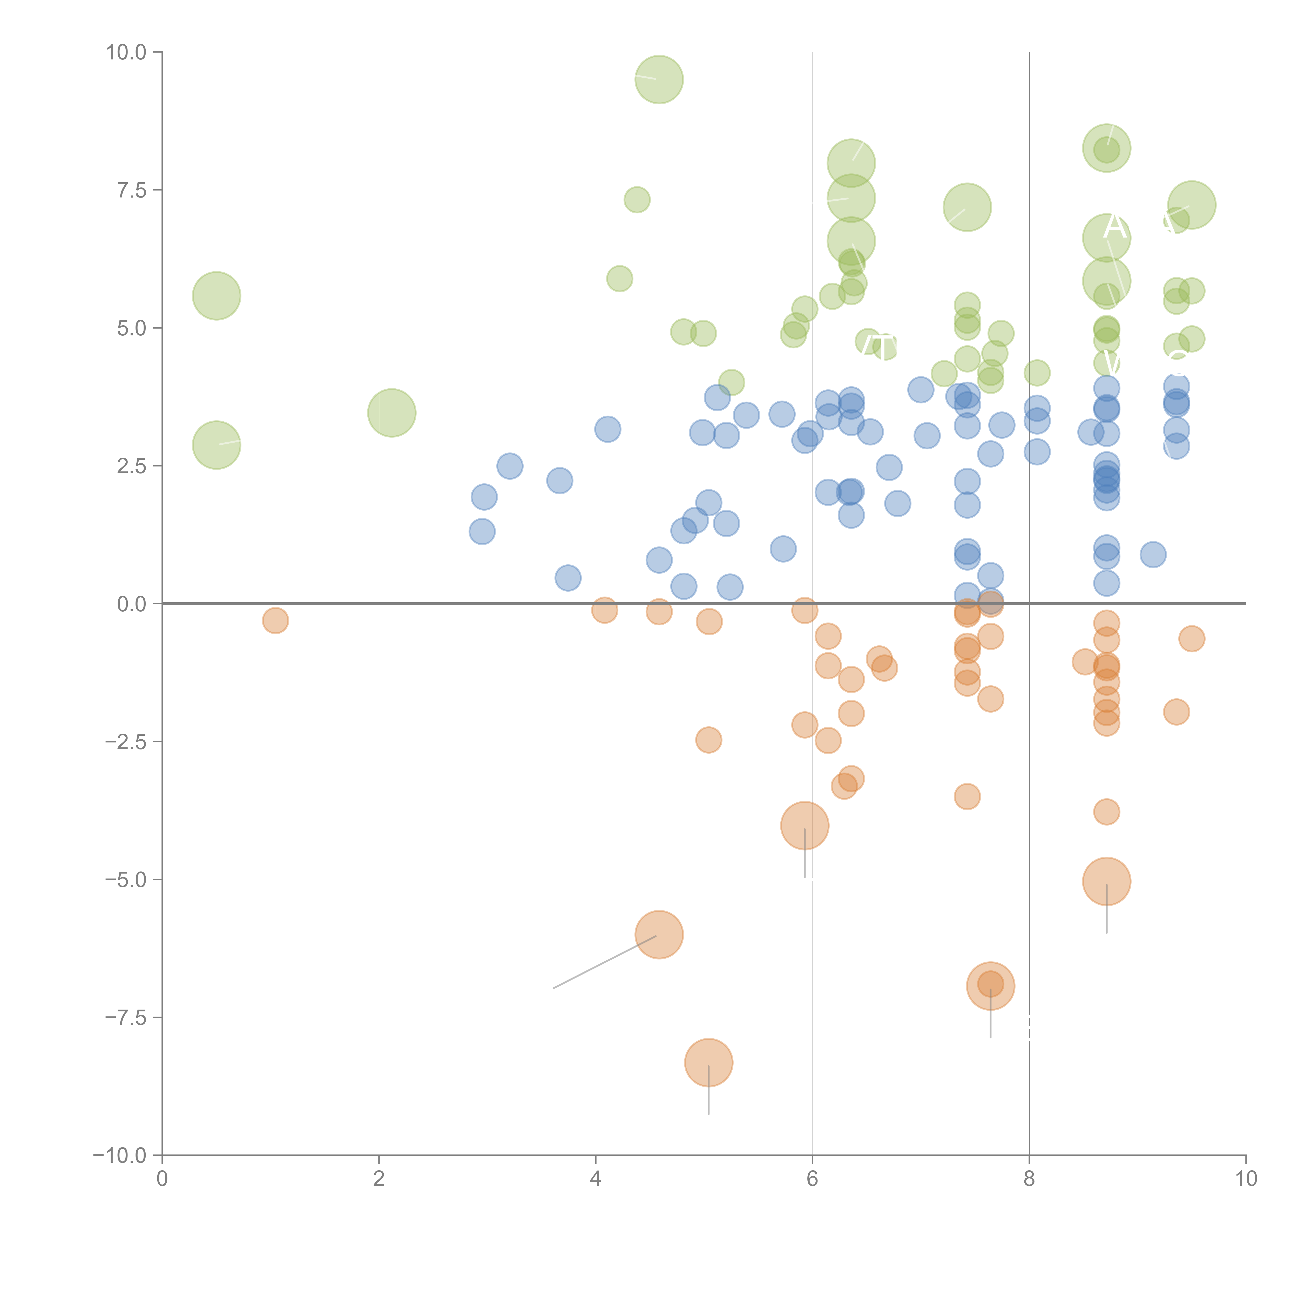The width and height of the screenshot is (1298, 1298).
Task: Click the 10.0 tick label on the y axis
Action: click(x=126, y=52)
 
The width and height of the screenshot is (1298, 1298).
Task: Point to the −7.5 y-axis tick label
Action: click(x=126, y=1018)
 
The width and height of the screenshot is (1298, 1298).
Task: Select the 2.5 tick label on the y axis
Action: click(x=132, y=466)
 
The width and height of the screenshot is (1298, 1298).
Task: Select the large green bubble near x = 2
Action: click(x=392, y=413)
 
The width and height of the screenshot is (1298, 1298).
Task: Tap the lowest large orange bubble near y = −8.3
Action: click(x=709, y=1062)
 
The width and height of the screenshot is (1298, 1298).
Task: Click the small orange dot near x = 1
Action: click(x=275, y=620)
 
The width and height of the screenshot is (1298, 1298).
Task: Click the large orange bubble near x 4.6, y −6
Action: click(x=659, y=935)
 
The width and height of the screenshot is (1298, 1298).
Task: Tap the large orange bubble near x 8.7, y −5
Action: click(x=1106, y=881)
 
